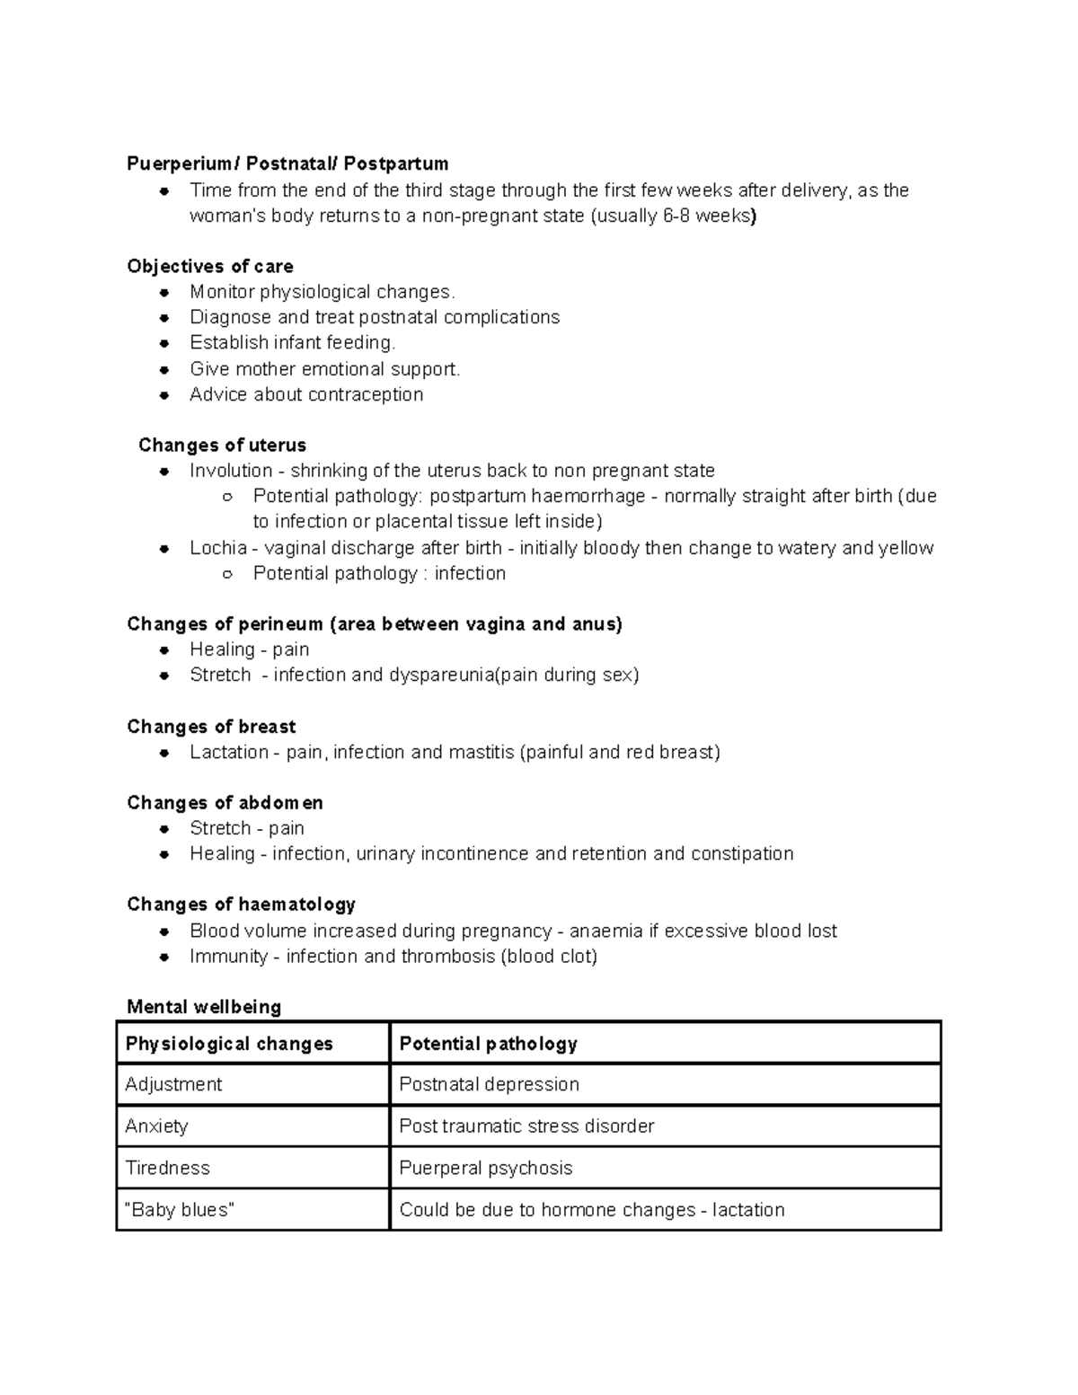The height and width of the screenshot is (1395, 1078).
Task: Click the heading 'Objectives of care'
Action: [210, 266]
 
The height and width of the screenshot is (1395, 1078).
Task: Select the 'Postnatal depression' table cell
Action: [489, 1084]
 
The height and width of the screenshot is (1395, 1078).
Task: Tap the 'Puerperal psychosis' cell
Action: [485, 1168]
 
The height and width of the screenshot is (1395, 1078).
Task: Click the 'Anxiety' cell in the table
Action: [156, 1126]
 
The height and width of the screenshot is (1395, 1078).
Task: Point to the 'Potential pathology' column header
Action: [488, 1044]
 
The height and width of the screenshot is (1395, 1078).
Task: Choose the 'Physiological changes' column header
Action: [229, 1044]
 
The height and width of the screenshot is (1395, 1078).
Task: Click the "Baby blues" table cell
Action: [180, 1210]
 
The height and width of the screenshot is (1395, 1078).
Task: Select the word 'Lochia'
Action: [218, 548]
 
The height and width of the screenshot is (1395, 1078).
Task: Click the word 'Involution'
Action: [231, 471]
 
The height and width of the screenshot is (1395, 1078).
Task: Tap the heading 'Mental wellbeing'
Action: [204, 1007]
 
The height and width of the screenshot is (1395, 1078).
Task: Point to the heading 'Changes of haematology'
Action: [241, 905]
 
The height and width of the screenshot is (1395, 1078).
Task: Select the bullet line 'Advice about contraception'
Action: [306, 394]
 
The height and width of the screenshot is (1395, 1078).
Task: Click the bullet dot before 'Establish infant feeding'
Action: [164, 343]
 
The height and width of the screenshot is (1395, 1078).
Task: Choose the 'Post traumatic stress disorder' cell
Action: [526, 1126]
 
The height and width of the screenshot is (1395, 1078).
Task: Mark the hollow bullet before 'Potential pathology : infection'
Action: [227, 574]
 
